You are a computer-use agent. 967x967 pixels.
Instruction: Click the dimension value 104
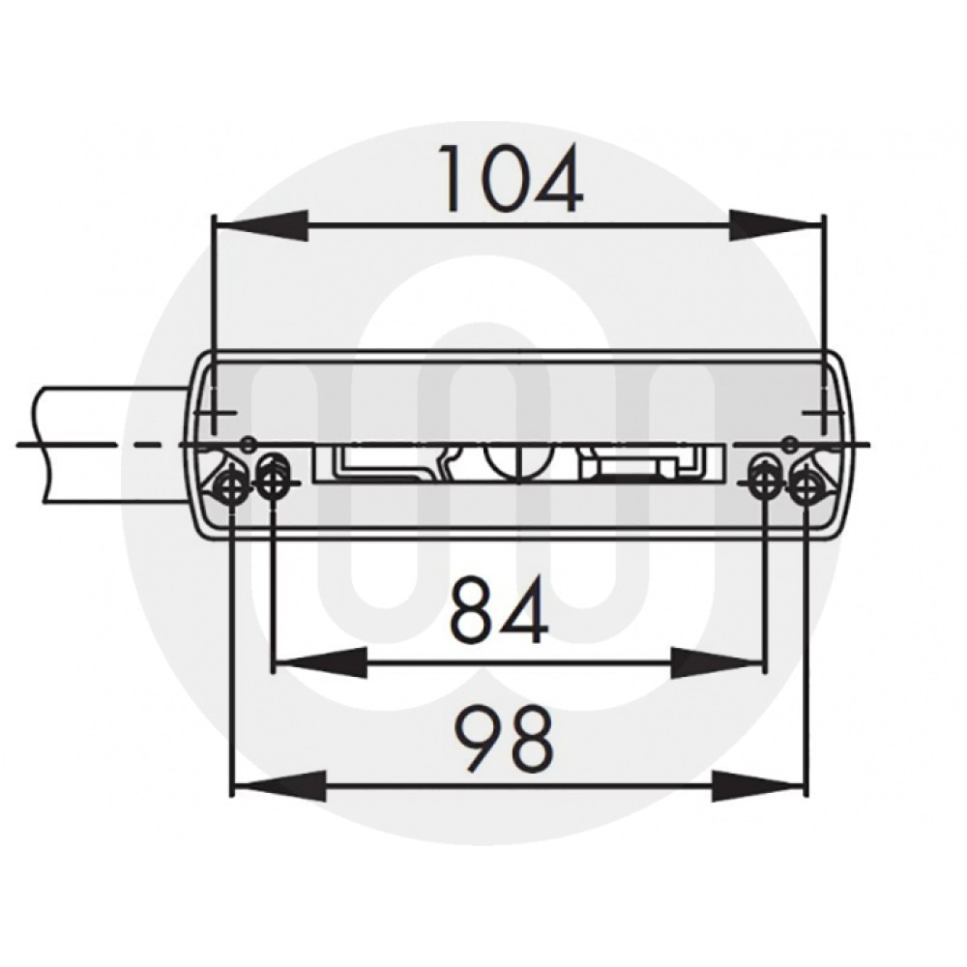pos(513,180)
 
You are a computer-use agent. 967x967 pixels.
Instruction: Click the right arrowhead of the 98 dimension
pos(759,785)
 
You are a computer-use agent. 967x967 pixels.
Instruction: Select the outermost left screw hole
pos(232,486)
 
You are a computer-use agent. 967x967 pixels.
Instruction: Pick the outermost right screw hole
pos(805,486)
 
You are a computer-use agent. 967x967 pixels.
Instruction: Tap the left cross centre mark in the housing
pos(215,416)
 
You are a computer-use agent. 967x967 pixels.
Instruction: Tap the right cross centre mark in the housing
pos(823,416)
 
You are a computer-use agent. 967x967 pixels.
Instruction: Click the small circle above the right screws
pos(789,443)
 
